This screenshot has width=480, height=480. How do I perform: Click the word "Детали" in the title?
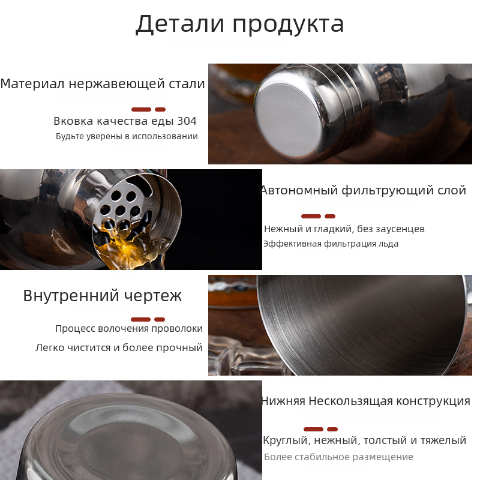click(180, 24)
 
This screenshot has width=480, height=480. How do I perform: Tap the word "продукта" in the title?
click(289, 25)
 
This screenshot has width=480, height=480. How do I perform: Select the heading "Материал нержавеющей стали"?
click(103, 83)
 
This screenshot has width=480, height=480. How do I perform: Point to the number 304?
click(187, 121)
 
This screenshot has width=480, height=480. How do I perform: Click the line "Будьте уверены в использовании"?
click(127, 136)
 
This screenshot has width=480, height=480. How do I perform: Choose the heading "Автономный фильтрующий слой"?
click(363, 190)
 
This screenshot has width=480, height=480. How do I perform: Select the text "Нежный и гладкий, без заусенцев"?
click(344, 229)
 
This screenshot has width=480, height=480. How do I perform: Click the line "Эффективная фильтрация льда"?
click(331, 244)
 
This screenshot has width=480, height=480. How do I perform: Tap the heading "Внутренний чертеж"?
click(103, 296)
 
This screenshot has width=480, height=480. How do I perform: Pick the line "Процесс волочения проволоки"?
click(129, 329)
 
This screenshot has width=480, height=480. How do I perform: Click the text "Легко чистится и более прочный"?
click(119, 348)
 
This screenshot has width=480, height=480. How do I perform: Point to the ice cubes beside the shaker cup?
click(242, 355)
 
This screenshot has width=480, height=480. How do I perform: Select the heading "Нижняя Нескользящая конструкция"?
click(365, 401)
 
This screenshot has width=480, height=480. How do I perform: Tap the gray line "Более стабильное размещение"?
click(338, 457)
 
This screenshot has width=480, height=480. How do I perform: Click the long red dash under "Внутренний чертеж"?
click(141, 320)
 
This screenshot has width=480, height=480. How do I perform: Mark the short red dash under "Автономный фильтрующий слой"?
click(329, 217)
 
